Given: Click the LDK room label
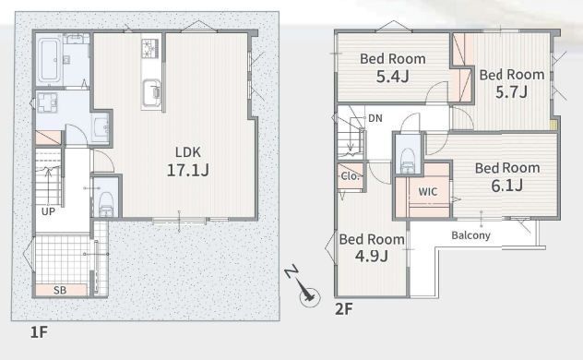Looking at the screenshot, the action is coord(188,152).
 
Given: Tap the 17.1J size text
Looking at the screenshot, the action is coord(188,171).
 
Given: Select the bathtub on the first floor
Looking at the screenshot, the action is coord(49,60).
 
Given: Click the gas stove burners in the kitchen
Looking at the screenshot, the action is coord(149,48).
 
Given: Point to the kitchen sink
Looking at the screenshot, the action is coord(151,92).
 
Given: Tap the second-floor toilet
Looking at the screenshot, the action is coord(408,161).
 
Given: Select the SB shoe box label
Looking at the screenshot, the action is coord(60,290).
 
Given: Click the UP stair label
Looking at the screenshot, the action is coord(48,211).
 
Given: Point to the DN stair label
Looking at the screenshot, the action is coord(375,118).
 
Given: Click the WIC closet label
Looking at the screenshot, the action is coord(428,192).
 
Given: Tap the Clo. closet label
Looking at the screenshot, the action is coord(351,176).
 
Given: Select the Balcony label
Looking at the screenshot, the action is coord(470,235).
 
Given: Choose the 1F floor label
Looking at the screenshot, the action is coord(39,332).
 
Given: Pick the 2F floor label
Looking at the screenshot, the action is coord(344,309).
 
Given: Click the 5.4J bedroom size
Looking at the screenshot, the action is coord(393,77).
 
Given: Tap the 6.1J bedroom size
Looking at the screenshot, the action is coord(507,186).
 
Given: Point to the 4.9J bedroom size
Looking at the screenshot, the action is coord(372,256).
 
